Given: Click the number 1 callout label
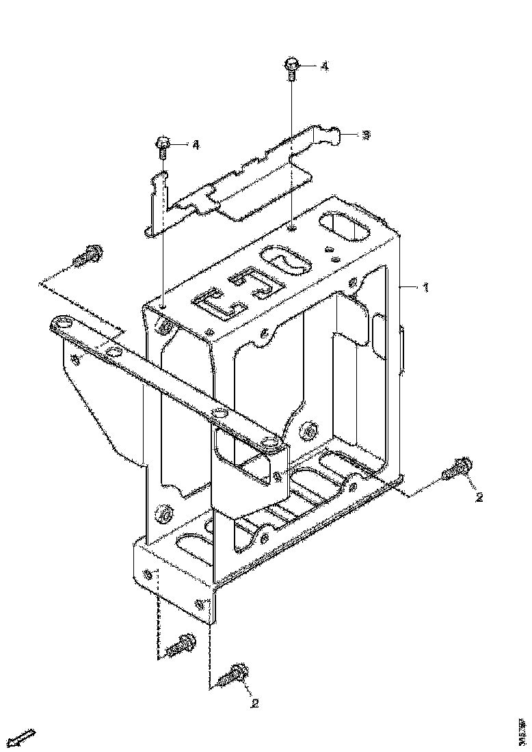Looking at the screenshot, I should [425, 288].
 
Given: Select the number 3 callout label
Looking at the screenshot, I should [366, 135].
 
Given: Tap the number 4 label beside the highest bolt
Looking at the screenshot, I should [324, 66].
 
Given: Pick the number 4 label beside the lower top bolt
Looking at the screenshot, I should [196, 145].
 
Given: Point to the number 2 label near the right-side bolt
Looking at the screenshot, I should [479, 497].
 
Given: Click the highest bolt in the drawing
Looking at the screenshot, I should [291, 68].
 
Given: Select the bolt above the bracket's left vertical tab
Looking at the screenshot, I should [163, 146].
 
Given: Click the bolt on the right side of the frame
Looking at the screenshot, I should [456, 468].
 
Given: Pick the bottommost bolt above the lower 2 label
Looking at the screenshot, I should [234, 675].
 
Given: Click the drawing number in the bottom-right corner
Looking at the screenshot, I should [522, 729].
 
